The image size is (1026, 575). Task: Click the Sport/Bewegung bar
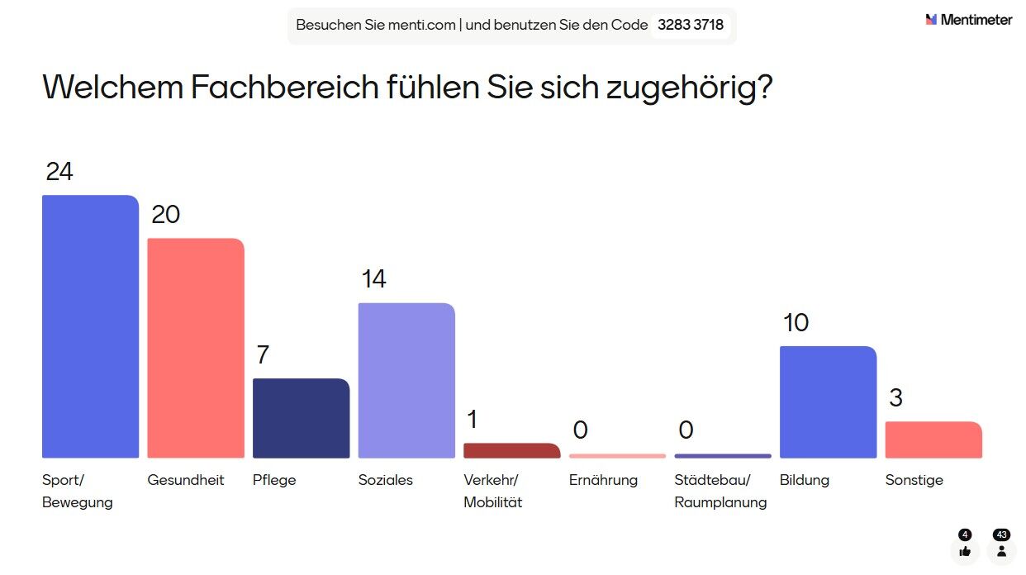[x=90, y=326]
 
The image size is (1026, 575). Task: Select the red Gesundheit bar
[x=196, y=348]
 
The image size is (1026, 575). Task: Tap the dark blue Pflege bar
[x=301, y=418]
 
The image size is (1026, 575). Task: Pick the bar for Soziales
[x=406, y=380]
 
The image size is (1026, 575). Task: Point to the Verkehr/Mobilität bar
[x=511, y=450]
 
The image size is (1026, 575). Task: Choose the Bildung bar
[x=828, y=402]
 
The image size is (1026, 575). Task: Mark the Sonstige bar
[x=933, y=440]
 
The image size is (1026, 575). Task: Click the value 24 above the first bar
[x=59, y=172]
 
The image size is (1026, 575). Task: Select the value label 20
[x=165, y=215]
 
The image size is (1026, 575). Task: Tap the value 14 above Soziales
[x=373, y=279]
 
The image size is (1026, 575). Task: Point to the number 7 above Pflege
[x=263, y=355]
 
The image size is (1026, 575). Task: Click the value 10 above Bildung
[x=796, y=323]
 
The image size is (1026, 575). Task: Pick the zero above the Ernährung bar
[x=580, y=430]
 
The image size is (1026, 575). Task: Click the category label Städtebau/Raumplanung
[x=720, y=491]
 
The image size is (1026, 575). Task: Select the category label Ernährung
[x=603, y=480]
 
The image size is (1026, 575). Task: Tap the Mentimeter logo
[x=968, y=20]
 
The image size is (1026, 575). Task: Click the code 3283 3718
[x=691, y=25]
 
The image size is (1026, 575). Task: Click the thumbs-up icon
[x=965, y=551]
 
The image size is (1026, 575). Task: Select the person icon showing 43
[x=1001, y=551]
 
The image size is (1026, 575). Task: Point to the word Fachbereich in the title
[x=286, y=88]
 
